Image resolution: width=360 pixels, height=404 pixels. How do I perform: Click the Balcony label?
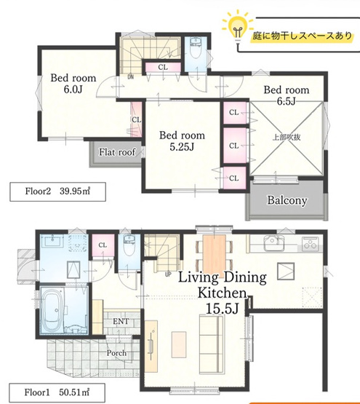287,200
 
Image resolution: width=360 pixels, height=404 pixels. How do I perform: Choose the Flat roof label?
117,152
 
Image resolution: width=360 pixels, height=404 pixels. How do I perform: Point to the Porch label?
116,353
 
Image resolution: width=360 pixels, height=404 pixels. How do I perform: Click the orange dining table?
215,252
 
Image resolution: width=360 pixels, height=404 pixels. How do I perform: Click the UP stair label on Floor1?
169,274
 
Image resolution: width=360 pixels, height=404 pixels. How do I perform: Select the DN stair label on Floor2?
130,76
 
